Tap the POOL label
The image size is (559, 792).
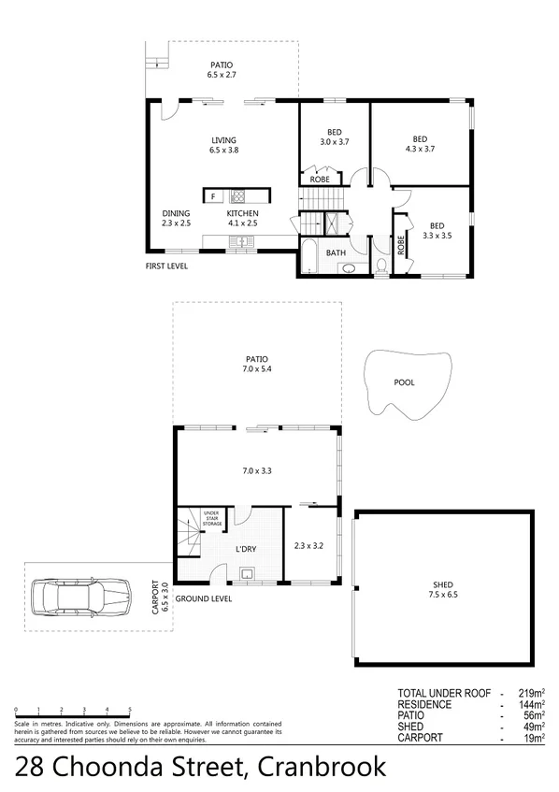pos(404,382)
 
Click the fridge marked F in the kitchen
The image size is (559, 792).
pos(214,196)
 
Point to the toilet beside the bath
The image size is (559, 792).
pos(381,266)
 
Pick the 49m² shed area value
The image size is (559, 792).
pos(534,727)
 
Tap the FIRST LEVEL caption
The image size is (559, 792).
pos(167,266)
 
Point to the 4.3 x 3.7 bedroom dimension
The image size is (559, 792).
pos(420,148)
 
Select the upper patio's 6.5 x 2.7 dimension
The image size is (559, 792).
pos(222,73)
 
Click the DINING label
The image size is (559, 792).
pos(176,213)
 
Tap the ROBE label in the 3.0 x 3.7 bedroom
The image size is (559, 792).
pos(319,178)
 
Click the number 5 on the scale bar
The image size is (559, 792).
pos(130,710)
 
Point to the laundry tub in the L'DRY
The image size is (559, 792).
pos(246,573)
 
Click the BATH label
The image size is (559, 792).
pos(335,252)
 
